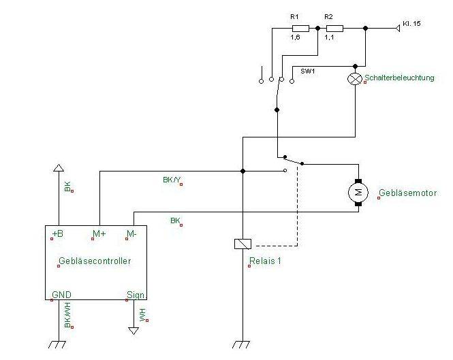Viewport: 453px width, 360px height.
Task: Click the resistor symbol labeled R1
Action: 301,29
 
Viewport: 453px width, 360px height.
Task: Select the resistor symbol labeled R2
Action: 334,29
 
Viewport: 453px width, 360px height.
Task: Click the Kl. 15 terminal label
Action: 411,24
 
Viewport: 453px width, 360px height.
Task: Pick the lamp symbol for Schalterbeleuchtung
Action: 354,79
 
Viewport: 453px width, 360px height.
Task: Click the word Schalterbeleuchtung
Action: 399,78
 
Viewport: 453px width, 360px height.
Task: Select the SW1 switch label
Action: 309,70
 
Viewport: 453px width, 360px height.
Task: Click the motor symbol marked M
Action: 358,193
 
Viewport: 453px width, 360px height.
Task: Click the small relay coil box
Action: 243,244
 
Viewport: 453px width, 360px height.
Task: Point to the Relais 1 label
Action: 265,260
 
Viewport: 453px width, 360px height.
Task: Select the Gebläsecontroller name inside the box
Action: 95,261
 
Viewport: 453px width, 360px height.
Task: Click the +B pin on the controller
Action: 57,234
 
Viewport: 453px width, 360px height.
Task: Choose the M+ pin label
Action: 99,234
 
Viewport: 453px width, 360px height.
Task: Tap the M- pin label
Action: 133,234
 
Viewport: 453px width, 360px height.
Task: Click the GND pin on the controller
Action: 61,295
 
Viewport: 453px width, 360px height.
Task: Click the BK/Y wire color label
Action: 172,180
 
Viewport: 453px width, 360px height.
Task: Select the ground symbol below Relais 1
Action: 243,344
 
